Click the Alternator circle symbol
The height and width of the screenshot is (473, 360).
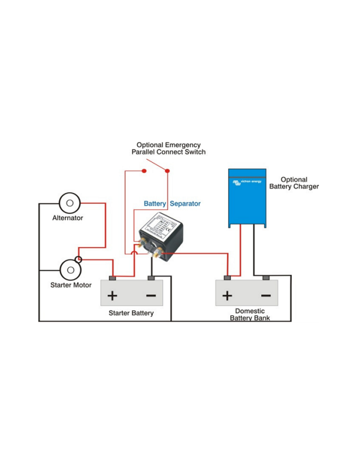tap(69, 203)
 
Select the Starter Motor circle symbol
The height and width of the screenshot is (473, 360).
tap(69, 270)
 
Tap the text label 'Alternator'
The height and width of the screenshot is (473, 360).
tap(68, 218)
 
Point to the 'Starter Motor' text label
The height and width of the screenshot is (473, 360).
tap(70, 285)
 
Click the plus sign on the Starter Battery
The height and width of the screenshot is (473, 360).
tap(112, 296)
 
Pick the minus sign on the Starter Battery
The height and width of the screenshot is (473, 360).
tap(151, 296)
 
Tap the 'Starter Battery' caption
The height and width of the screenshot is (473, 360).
tap(131, 313)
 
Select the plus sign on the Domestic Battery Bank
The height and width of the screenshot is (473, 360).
tap(227, 296)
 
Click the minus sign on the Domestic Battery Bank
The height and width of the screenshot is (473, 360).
tap(266, 296)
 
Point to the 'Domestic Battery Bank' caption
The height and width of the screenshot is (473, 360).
tap(249, 314)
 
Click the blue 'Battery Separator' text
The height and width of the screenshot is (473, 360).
tap(172, 204)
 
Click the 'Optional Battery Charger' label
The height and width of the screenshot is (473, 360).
tap(293, 183)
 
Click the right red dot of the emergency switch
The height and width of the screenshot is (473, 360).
tap(168, 171)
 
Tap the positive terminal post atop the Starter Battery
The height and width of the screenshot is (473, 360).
tap(113, 278)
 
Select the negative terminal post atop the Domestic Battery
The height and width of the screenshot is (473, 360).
tap(266, 278)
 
